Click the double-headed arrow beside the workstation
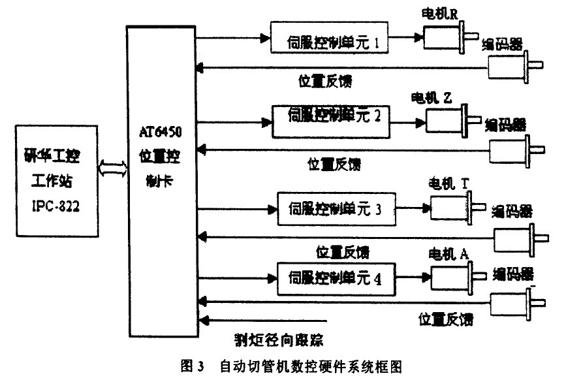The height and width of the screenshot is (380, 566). point(110,168)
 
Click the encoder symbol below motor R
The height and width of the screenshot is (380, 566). point(512,65)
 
